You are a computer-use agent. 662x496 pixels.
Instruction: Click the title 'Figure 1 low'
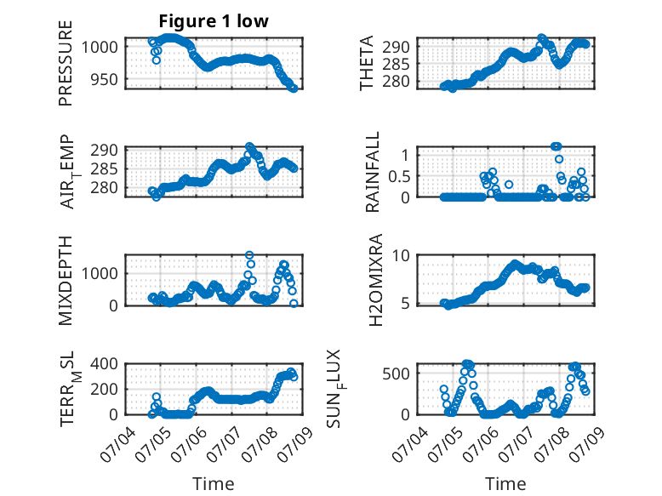[214, 21]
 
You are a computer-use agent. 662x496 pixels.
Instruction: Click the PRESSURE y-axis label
[66, 63]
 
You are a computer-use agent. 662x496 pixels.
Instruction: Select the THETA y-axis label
[367, 63]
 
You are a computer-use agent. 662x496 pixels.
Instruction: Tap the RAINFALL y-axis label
[373, 172]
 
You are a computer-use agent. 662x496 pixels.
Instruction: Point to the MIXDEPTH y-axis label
[66, 281]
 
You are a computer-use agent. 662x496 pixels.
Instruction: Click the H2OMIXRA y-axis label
[376, 280]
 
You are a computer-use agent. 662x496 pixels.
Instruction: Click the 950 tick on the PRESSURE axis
[105, 79]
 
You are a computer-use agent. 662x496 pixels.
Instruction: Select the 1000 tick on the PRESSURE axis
[100, 47]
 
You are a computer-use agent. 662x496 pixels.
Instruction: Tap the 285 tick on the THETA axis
[396, 64]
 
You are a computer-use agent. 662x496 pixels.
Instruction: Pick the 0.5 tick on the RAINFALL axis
[399, 176]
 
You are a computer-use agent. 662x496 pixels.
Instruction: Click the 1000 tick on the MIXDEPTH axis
[100, 274]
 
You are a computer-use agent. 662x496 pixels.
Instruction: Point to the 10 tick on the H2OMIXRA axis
[401, 255]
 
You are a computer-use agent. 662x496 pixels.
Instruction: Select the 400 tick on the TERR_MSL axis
[105, 363]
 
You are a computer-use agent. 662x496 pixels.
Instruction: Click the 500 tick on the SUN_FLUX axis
[396, 374]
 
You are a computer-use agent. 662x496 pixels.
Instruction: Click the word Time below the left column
[214, 484]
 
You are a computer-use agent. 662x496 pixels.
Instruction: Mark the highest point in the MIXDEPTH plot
[249, 255]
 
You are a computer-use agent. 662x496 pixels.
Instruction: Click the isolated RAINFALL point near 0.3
[509, 185]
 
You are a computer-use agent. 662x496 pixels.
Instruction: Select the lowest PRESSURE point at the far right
[294, 88]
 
